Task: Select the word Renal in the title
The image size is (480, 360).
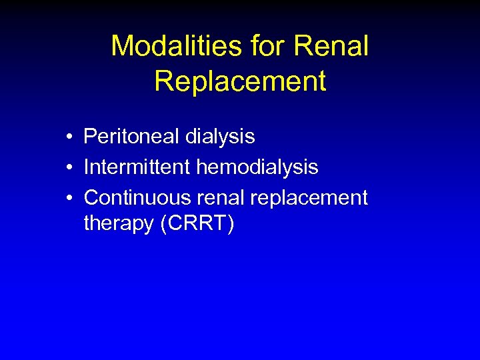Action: (x=331, y=47)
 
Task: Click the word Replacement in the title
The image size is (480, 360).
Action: (x=240, y=81)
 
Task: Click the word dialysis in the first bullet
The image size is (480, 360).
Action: (x=220, y=137)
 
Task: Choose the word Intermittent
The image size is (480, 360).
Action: (x=137, y=167)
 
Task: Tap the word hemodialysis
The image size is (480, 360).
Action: (x=257, y=167)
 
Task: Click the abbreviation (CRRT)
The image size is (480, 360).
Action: (x=197, y=224)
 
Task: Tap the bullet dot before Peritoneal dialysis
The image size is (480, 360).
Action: (x=69, y=137)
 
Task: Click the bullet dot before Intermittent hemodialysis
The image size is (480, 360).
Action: (x=69, y=167)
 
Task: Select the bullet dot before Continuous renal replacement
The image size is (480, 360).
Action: (x=69, y=198)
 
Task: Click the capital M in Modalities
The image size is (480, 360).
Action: (x=122, y=47)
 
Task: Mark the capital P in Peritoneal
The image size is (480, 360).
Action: (x=89, y=137)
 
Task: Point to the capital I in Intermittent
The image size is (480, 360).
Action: (x=87, y=167)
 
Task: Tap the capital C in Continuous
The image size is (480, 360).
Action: (x=91, y=197)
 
